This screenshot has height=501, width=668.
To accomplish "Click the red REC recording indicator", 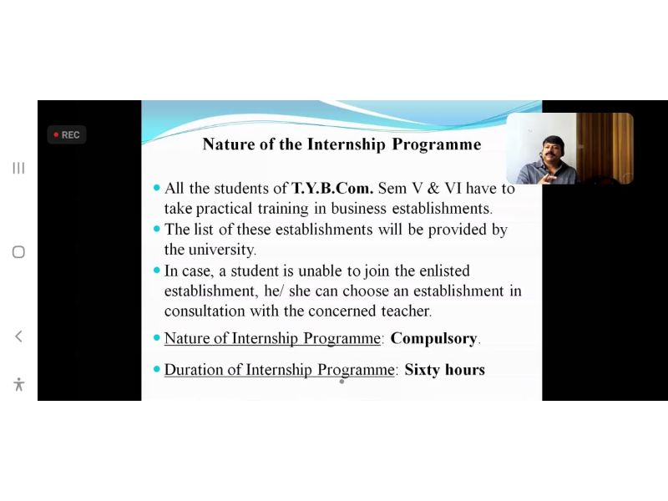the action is (67, 134).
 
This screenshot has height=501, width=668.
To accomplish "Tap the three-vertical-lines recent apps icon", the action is (18, 168).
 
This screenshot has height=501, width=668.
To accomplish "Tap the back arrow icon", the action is (18, 337).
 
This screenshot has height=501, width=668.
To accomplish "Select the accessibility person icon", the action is (18, 384).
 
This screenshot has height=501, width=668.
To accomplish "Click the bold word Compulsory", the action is (433, 339).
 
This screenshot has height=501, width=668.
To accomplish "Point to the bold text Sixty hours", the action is (445, 369).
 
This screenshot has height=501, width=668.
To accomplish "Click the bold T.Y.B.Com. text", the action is (332, 188).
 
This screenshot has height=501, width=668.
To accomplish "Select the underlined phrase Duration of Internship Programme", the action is (280, 370).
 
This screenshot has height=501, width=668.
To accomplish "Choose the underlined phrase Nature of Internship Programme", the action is (272, 339).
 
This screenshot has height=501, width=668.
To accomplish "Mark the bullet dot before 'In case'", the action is (157, 270).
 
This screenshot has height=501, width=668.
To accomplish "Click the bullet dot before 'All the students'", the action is (157, 187).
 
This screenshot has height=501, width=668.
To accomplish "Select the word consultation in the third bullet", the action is (205, 311).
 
